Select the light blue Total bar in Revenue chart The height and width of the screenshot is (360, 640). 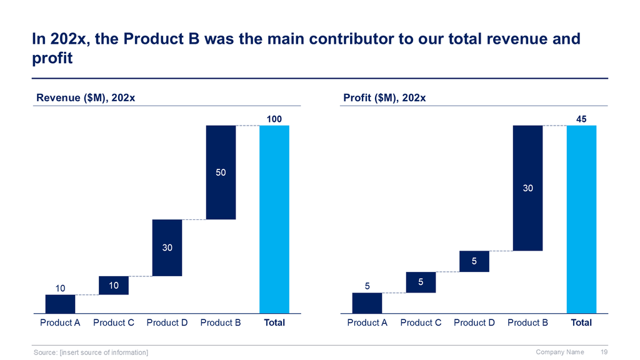[x=274, y=219]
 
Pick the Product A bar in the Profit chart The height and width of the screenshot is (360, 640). [x=367, y=302]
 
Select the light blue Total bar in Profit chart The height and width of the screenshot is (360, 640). [x=581, y=219]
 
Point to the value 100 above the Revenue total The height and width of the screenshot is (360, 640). [x=274, y=119]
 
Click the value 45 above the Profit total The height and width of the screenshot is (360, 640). [x=581, y=119]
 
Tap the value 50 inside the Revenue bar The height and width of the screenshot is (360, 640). [x=221, y=172]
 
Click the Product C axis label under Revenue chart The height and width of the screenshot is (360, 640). [x=114, y=323]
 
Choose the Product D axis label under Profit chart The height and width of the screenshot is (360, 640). [x=474, y=323]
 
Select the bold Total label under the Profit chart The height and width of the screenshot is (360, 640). [x=581, y=323]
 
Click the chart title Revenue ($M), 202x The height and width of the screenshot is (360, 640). [x=86, y=97]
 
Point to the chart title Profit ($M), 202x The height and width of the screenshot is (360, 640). [x=384, y=97]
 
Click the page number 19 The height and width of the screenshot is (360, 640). [x=604, y=352]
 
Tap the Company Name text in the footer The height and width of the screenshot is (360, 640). [x=560, y=352]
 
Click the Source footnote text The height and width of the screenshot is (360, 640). [x=91, y=353]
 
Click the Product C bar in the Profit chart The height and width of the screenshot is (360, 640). [x=421, y=282]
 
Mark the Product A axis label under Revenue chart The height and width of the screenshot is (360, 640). [x=60, y=323]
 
